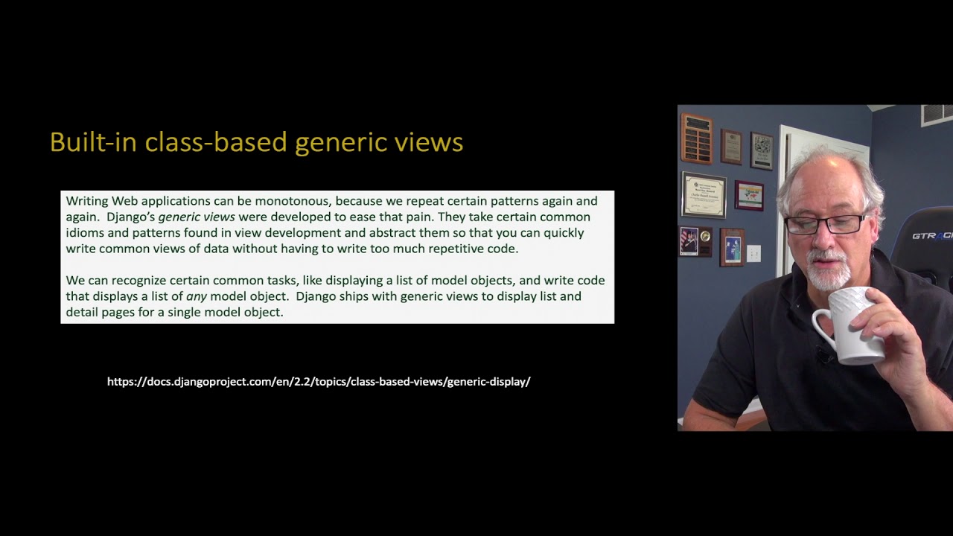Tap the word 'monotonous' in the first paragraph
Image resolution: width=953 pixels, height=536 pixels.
293,201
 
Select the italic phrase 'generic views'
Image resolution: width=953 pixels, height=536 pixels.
197,217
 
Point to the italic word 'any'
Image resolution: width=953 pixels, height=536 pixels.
197,296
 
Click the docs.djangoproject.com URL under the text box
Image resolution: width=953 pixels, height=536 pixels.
319,382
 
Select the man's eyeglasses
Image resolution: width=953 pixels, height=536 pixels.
825,224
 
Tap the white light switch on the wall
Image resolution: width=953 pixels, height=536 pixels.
753,253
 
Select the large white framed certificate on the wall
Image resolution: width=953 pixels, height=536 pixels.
704,195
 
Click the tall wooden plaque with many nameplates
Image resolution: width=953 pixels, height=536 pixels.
697,138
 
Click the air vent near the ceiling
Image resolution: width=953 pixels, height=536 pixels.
937,114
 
